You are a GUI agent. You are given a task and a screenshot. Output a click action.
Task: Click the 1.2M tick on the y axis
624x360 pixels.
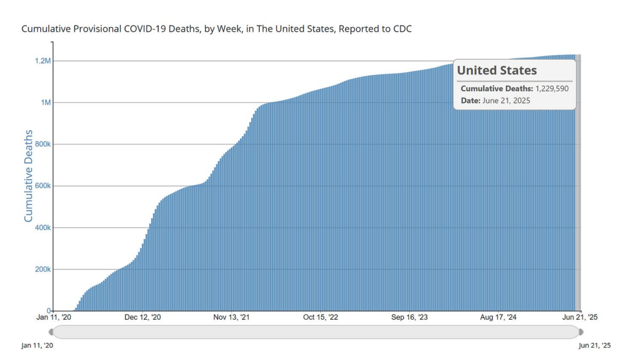(x=42, y=61)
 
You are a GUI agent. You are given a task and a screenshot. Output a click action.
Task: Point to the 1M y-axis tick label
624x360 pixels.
(x=45, y=102)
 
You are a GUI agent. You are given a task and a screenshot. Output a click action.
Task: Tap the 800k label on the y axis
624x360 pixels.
(x=41, y=144)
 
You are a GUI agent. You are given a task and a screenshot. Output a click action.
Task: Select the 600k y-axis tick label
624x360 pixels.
(x=41, y=186)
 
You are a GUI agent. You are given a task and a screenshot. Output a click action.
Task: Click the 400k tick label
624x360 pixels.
(x=41, y=228)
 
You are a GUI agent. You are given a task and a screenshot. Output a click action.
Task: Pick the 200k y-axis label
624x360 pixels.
(x=41, y=269)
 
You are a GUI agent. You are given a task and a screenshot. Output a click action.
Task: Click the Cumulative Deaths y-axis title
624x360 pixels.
(x=29, y=186)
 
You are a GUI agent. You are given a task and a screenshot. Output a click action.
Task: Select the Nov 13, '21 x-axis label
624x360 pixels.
(x=232, y=317)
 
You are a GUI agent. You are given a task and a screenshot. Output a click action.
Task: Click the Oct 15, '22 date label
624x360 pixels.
(x=319, y=317)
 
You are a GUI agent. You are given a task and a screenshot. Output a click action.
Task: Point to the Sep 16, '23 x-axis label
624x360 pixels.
(x=409, y=317)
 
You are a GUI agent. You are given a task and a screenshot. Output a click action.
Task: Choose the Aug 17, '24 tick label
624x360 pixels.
(x=498, y=317)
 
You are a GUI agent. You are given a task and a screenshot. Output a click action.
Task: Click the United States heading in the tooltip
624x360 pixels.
(x=497, y=71)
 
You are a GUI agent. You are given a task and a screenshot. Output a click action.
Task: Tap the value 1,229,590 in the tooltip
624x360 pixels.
(x=551, y=89)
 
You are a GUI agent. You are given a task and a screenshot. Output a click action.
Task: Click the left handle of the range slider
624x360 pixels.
(x=51, y=332)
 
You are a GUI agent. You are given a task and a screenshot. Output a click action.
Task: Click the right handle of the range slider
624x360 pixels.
(x=580, y=332)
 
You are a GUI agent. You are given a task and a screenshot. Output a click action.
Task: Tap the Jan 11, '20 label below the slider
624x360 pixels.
(x=38, y=345)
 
